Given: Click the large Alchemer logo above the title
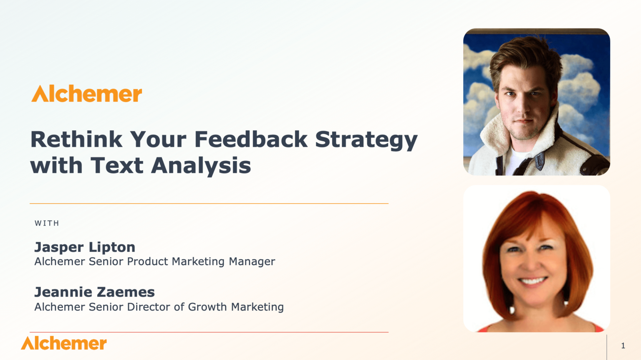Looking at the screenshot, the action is (x=87, y=94).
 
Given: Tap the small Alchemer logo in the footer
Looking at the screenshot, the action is (x=64, y=343).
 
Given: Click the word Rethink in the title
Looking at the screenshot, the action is (x=76, y=139).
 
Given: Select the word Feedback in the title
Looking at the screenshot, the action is (x=251, y=139).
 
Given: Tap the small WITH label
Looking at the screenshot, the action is (x=47, y=223).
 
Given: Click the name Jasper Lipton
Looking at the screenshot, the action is (x=85, y=247).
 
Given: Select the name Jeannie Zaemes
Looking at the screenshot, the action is (x=94, y=292).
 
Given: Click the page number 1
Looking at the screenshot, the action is (x=623, y=346).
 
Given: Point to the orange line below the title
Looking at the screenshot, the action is (x=209, y=204).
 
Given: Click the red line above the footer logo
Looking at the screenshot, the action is (x=209, y=332).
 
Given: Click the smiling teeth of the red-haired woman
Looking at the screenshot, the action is (x=532, y=281).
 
